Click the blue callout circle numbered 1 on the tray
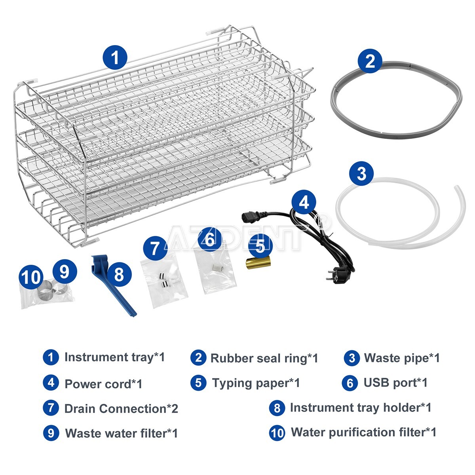click(115, 57)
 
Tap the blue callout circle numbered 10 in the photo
click(31, 277)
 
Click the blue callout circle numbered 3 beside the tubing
click(361, 173)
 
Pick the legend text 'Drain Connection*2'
click(121, 408)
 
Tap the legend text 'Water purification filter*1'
click(364, 432)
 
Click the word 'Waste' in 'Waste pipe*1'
click(380, 358)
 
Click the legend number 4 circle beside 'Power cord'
click(51, 383)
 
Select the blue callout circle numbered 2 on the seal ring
click(370, 61)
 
